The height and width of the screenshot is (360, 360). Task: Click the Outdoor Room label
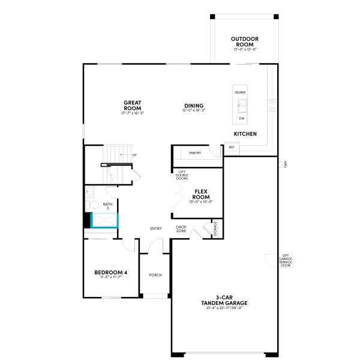(x=245, y=42)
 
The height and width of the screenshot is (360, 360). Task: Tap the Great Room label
(x=133, y=106)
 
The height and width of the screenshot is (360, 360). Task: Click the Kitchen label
(x=245, y=133)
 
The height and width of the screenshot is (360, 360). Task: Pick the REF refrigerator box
(x=232, y=147)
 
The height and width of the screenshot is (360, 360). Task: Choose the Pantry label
(x=195, y=153)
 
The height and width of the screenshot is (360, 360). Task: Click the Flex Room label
(x=201, y=194)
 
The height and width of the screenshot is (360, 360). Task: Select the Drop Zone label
(x=181, y=229)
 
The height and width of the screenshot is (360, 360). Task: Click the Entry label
(x=156, y=228)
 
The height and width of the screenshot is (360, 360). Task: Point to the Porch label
(x=155, y=275)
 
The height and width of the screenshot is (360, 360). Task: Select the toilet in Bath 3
(x=92, y=205)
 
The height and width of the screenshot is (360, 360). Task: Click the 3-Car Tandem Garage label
(x=224, y=300)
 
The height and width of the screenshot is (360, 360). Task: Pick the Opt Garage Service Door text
(x=286, y=260)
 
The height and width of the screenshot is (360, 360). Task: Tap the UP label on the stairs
(x=134, y=155)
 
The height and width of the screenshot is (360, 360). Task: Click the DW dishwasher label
(x=241, y=119)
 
